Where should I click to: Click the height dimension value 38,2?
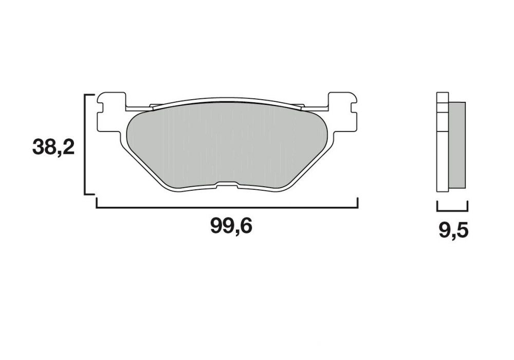[x=53, y=147]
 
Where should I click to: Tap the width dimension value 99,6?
[x=231, y=226]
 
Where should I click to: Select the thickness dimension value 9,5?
[x=453, y=231]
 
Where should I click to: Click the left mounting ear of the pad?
[x=112, y=112]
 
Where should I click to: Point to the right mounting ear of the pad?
[x=343, y=112]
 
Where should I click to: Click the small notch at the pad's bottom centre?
[x=227, y=185]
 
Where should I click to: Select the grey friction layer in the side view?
[x=456, y=145]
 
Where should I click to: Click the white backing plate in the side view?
[x=443, y=142]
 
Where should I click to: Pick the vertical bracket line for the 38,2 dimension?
[x=85, y=145]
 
